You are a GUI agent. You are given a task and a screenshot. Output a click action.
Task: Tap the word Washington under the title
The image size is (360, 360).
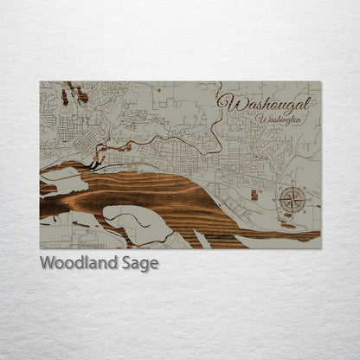point(279,119)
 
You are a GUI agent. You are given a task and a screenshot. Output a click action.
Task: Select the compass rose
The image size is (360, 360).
point(292,200)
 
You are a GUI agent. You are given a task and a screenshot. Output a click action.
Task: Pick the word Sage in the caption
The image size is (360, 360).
point(144,264)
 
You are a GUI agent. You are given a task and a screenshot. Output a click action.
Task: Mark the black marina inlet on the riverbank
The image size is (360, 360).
point(93,163)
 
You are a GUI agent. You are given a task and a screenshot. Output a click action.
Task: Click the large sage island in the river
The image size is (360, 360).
point(137,222)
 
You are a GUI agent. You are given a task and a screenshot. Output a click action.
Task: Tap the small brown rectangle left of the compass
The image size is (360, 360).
point(254,195)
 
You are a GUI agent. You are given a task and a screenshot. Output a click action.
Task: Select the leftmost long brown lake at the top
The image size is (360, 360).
point(64,95)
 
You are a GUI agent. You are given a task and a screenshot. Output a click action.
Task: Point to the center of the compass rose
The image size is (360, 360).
point(292,200)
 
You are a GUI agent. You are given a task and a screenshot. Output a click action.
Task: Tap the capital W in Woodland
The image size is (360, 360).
point(48,263)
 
